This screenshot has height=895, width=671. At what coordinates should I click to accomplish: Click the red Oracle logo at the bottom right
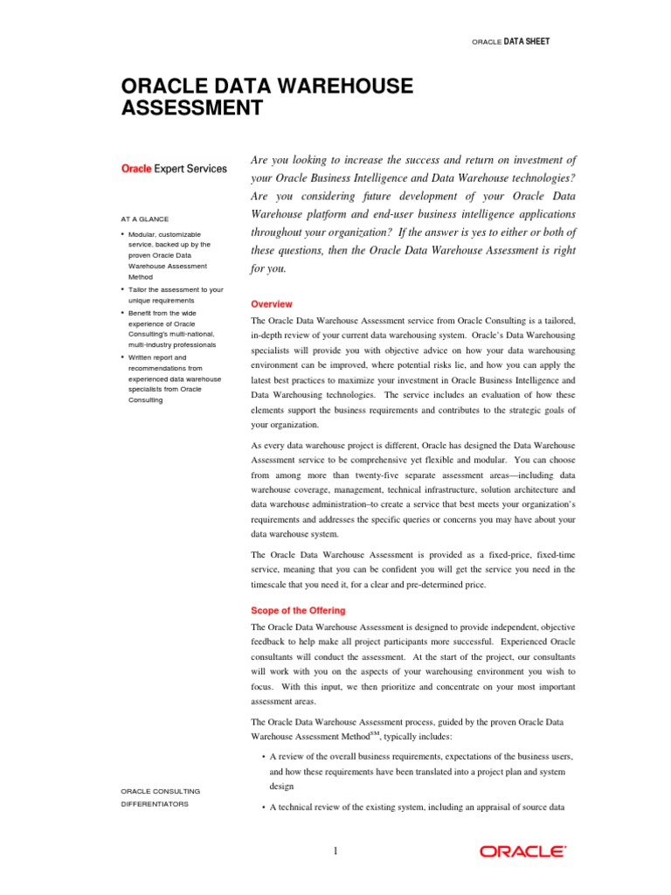522,850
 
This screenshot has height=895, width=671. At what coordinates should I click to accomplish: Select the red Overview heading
272,304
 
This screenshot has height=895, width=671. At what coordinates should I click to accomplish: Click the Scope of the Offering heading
298,610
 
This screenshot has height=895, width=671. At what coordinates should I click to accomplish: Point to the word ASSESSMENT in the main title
191,108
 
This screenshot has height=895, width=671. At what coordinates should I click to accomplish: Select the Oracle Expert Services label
173,169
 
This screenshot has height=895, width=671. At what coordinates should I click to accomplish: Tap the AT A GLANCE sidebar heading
145,219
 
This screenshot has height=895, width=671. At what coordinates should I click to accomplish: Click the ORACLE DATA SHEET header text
511,41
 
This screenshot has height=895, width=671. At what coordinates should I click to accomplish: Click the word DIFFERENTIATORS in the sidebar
154,803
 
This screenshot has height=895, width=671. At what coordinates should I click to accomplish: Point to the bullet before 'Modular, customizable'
122,235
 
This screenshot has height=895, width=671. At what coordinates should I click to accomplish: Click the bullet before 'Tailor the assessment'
122,289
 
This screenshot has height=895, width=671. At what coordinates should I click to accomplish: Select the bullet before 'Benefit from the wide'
122,313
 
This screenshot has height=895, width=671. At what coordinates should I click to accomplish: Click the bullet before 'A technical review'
264,808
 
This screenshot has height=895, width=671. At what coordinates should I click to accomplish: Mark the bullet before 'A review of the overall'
264,756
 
